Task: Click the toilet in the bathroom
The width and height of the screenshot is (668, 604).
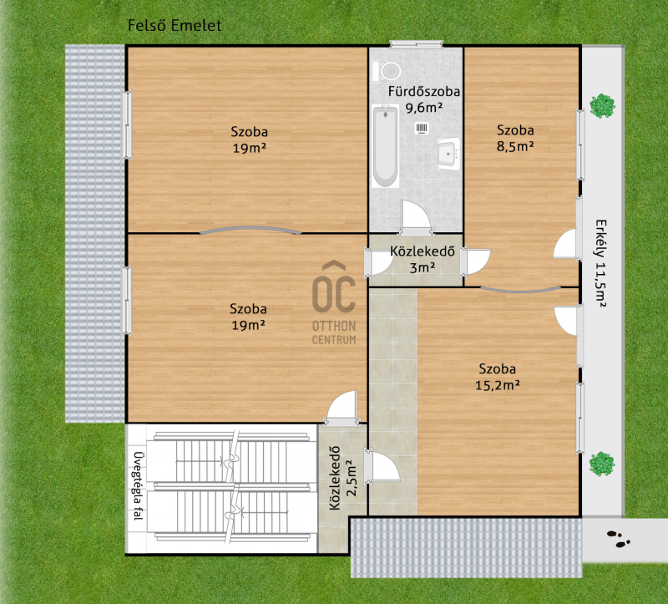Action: click(387, 71)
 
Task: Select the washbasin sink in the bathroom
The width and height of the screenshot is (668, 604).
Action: click(448, 154)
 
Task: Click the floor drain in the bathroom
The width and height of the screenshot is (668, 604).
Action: click(422, 128)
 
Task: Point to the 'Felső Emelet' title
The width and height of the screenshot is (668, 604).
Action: click(175, 26)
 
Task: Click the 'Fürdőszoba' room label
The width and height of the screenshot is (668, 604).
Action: click(424, 91)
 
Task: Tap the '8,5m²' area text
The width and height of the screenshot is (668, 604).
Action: click(515, 146)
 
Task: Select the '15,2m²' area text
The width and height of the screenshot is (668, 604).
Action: click(497, 385)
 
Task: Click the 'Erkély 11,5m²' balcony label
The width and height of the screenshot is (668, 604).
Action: click(600, 263)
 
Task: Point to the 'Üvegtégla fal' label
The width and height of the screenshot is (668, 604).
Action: click(138, 486)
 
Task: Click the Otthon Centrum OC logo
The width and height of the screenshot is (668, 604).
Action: click(334, 302)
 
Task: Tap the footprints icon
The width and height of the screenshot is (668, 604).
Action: click(619, 539)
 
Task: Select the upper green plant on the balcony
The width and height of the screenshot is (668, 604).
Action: click(602, 106)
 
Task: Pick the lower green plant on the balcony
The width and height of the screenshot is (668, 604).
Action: click(602, 464)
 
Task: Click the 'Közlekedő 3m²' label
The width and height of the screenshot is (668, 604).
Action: click(423, 259)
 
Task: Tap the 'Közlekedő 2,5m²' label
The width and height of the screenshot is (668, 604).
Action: click(342, 478)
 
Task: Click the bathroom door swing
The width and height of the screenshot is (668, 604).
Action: click(416, 217)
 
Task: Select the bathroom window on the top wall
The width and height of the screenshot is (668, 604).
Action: click(417, 44)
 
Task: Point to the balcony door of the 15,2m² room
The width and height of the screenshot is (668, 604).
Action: click(568, 320)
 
